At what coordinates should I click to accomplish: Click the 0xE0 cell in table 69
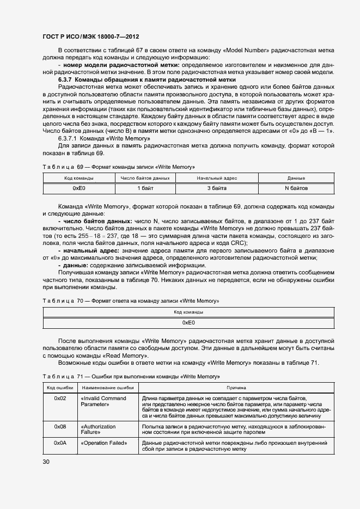click(78, 188)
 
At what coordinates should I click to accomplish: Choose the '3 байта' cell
click(217, 188)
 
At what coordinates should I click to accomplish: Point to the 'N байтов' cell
click(296, 188)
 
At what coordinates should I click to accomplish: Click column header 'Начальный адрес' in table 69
click(217, 178)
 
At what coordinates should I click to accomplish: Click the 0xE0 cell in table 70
click(188, 322)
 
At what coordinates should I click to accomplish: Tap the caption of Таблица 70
click(130, 301)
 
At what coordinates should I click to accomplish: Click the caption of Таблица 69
click(118, 166)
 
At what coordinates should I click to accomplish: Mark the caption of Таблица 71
click(131, 377)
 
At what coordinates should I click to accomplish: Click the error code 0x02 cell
click(60, 398)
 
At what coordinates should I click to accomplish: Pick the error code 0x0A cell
click(60, 443)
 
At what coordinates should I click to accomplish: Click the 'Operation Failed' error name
click(103, 443)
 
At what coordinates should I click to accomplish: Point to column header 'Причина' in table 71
click(232, 388)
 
